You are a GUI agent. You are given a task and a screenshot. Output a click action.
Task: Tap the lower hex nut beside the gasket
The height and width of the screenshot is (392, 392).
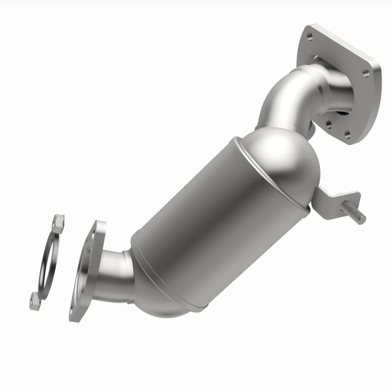[x=35, y=302]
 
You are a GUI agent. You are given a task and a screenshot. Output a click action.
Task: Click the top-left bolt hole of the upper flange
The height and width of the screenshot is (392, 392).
[x=310, y=35]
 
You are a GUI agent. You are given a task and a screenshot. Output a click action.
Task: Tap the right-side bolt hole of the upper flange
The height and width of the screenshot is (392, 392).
[x=366, y=73]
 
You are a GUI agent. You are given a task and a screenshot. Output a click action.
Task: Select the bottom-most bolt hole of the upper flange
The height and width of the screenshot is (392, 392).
[x=347, y=134]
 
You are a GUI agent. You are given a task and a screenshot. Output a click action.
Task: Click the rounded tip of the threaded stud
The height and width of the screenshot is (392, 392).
[x=363, y=219]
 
